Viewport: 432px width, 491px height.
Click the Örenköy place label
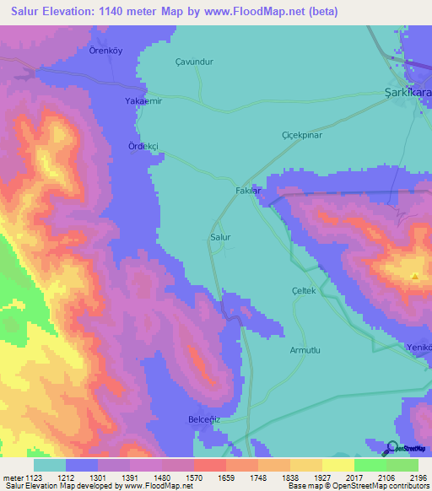[x=106, y=51]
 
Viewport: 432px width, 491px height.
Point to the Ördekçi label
[x=143, y=145]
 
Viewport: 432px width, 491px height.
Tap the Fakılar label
[x=251, y=192]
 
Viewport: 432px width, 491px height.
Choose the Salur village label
[x=220, y=238]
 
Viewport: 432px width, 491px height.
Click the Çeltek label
[x=303, y=290]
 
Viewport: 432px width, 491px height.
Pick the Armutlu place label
[x=306, y=349]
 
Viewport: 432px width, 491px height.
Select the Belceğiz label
[x=202, y=418]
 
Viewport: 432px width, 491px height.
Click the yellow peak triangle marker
[x=414, y=276]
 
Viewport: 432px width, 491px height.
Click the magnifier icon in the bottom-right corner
[x=392, y=448]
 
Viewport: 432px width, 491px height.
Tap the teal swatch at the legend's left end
[x=50, y=464]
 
